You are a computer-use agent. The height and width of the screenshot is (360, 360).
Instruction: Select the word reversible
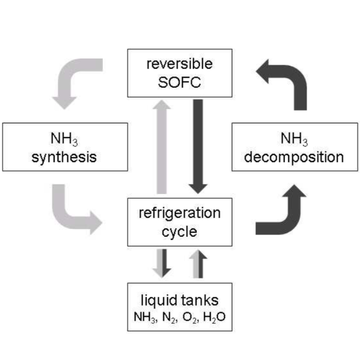click(x=179, y=64)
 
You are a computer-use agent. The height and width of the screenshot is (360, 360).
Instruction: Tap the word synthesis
click(x=65, y=157)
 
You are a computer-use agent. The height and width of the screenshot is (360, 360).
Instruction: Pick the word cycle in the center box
click(x=179, y=231)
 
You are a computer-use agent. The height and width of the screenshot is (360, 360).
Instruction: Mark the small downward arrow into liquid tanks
click(x=163, y=263)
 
